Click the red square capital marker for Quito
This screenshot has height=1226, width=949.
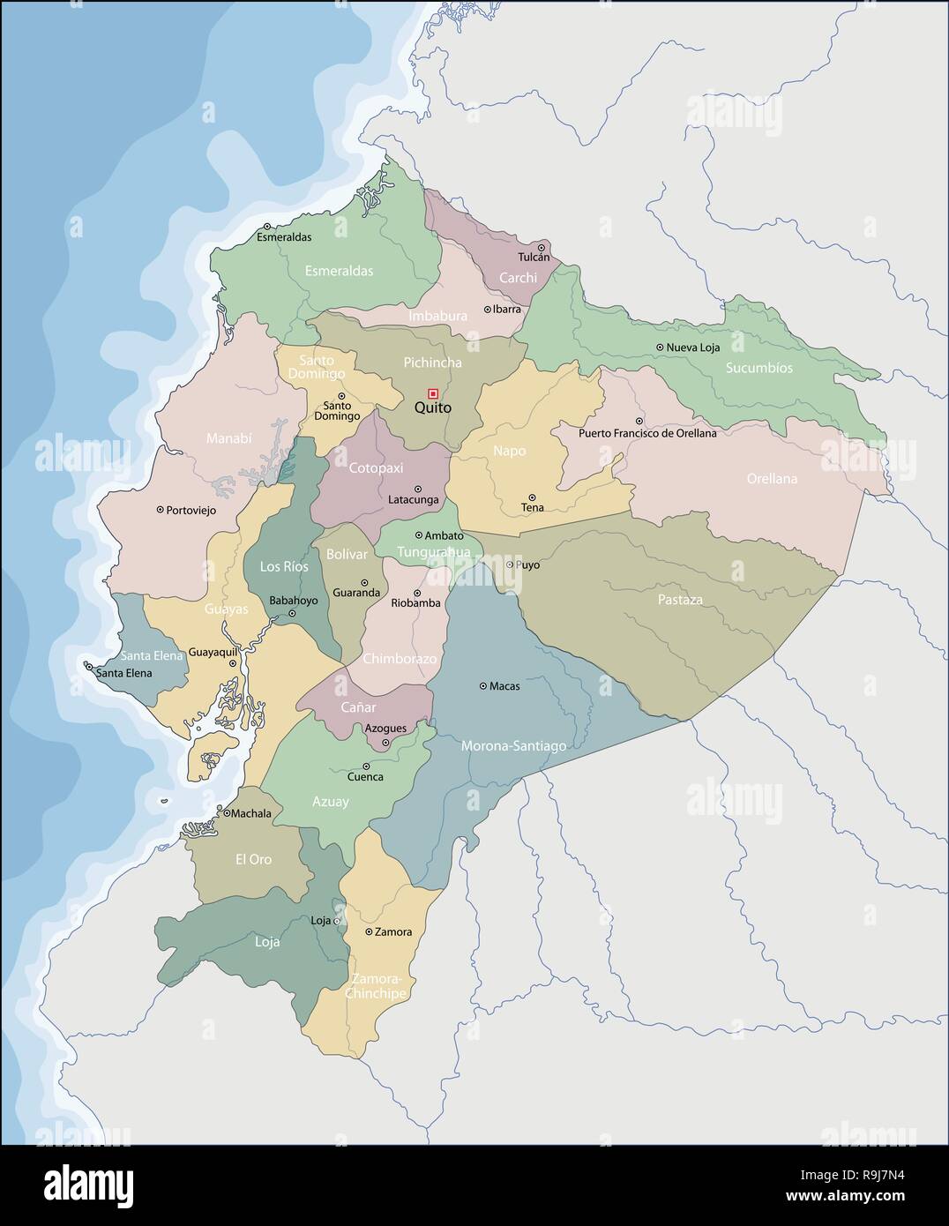pos(433,392)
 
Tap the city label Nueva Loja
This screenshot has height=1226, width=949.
pos(692,348)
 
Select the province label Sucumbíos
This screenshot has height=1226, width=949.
pos(758,368)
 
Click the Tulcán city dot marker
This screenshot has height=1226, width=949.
pos(542,248)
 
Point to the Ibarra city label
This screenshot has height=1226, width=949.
pos(506,310)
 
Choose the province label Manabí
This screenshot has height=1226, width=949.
pos(228,437)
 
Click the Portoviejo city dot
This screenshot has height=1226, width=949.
pos(160,509)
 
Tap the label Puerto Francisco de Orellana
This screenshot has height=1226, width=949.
pos(647,433)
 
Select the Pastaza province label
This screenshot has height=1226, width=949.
pos(680,600)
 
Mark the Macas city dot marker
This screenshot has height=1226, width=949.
pos(482,685)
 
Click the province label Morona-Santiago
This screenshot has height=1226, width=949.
pos(513,746)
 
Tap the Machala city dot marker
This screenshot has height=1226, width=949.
pos(227,813)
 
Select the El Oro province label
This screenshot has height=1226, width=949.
pos(253,859)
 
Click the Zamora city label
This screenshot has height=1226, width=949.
pos(392,931)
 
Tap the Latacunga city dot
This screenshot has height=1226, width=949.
pos(418,489)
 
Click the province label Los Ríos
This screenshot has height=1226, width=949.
pos(284,566)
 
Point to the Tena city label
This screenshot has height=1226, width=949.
pos(532,508)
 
